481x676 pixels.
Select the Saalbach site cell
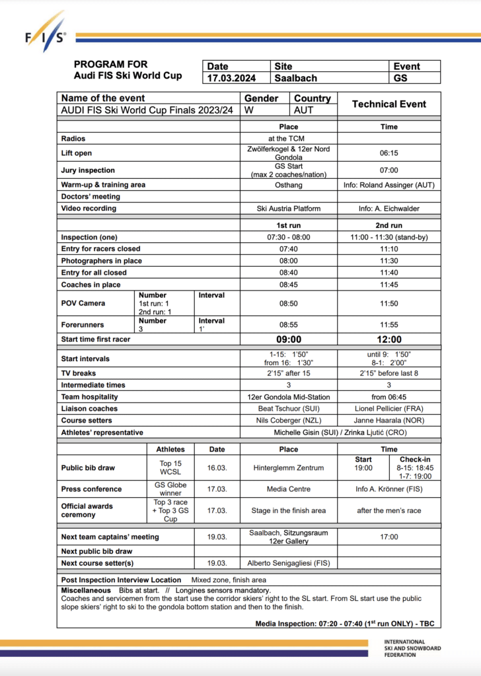295,78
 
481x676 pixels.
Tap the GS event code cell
400,78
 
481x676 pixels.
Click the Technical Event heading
388,104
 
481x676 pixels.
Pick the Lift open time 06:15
388,153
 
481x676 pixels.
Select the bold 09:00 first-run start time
288,339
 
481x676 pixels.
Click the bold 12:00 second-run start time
388,339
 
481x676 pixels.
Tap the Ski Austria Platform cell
288,209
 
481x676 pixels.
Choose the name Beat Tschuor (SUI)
288,409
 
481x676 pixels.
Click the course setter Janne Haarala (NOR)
388,421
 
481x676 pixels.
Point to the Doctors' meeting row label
91,197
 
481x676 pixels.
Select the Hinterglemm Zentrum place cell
288,467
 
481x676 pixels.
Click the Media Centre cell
288,489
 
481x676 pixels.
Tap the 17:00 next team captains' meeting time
388,537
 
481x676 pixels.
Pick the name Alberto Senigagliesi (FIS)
288,563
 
